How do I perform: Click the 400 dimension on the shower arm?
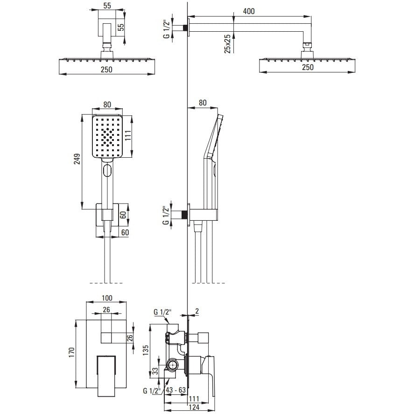click(x=249, y=11)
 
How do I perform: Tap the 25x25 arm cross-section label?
click(x=228, y=43)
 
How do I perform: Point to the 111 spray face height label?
click(x=128, y=135)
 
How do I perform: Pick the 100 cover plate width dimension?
click(x=107, y=298)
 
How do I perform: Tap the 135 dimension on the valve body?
click(x=146, y=350)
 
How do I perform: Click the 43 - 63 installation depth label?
click(x=176, y=390)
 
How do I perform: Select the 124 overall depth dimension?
click(x=195, y=407)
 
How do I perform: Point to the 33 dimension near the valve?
click(x=155, y=371)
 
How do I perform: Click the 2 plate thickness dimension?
click(x=197, y=312)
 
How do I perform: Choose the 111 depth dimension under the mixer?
click(x=194, y=399)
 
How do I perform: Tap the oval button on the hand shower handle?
click(x=107, y=170)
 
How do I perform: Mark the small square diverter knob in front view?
click(x=106, y=338)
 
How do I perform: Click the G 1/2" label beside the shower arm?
click(x=166, y=29)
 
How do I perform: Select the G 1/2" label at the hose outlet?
click(x=166, y=215)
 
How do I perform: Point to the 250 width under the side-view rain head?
click(x=308, y=67)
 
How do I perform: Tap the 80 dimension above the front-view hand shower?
click(x=107, y=105)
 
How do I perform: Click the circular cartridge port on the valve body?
click(x=172, y=365)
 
